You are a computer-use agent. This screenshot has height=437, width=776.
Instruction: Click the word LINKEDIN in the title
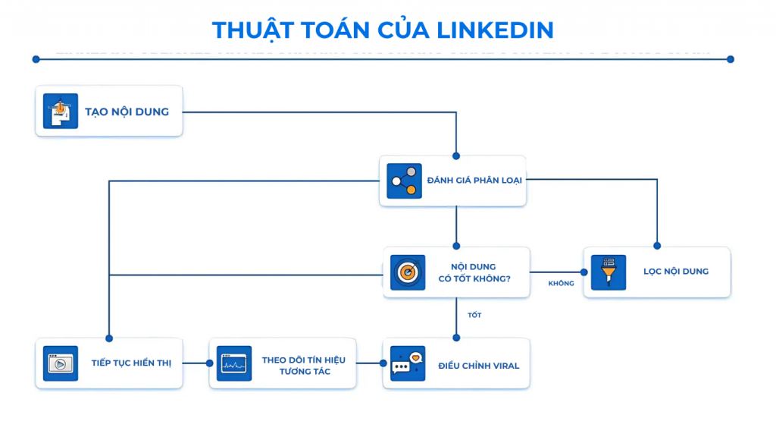tap(495, 30)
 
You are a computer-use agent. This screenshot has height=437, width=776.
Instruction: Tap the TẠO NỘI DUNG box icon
tap(61, 112)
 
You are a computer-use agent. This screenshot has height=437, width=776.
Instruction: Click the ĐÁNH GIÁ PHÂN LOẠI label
tap(474, 181)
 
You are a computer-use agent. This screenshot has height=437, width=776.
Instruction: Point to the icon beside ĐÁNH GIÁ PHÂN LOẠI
tap(404, 181)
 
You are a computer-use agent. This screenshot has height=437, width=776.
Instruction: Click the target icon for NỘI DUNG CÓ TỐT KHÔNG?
tap(408, 272)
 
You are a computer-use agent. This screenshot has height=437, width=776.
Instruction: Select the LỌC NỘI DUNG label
tap(676, 272)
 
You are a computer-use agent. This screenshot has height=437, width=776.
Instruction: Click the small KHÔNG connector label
tap(561, 284)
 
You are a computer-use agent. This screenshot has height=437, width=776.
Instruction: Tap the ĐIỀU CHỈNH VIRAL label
tap(479, 366)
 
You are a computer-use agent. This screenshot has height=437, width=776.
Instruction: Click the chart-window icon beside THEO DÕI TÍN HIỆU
tap(234, 363)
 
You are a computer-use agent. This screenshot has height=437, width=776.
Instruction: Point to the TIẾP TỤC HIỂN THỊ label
tap(131, 363)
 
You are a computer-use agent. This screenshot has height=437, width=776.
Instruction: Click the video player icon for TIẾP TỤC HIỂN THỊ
tap(61, 363)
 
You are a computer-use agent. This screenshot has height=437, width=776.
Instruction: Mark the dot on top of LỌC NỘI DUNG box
tap(657, 246)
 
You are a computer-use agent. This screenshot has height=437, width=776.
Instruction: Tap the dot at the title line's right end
tap(731, 59)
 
